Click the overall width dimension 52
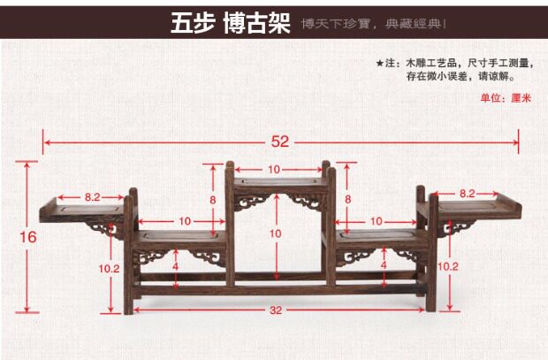click(280, 141)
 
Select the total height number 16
click(27, 236)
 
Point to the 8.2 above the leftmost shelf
click(93, 194)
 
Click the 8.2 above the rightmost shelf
click(467, 193)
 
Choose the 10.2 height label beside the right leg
click(449, 264)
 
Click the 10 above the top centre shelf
click(274, 169)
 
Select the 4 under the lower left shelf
click(175, 264)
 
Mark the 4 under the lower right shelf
click(383, 264)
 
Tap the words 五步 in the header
click(192, 23)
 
